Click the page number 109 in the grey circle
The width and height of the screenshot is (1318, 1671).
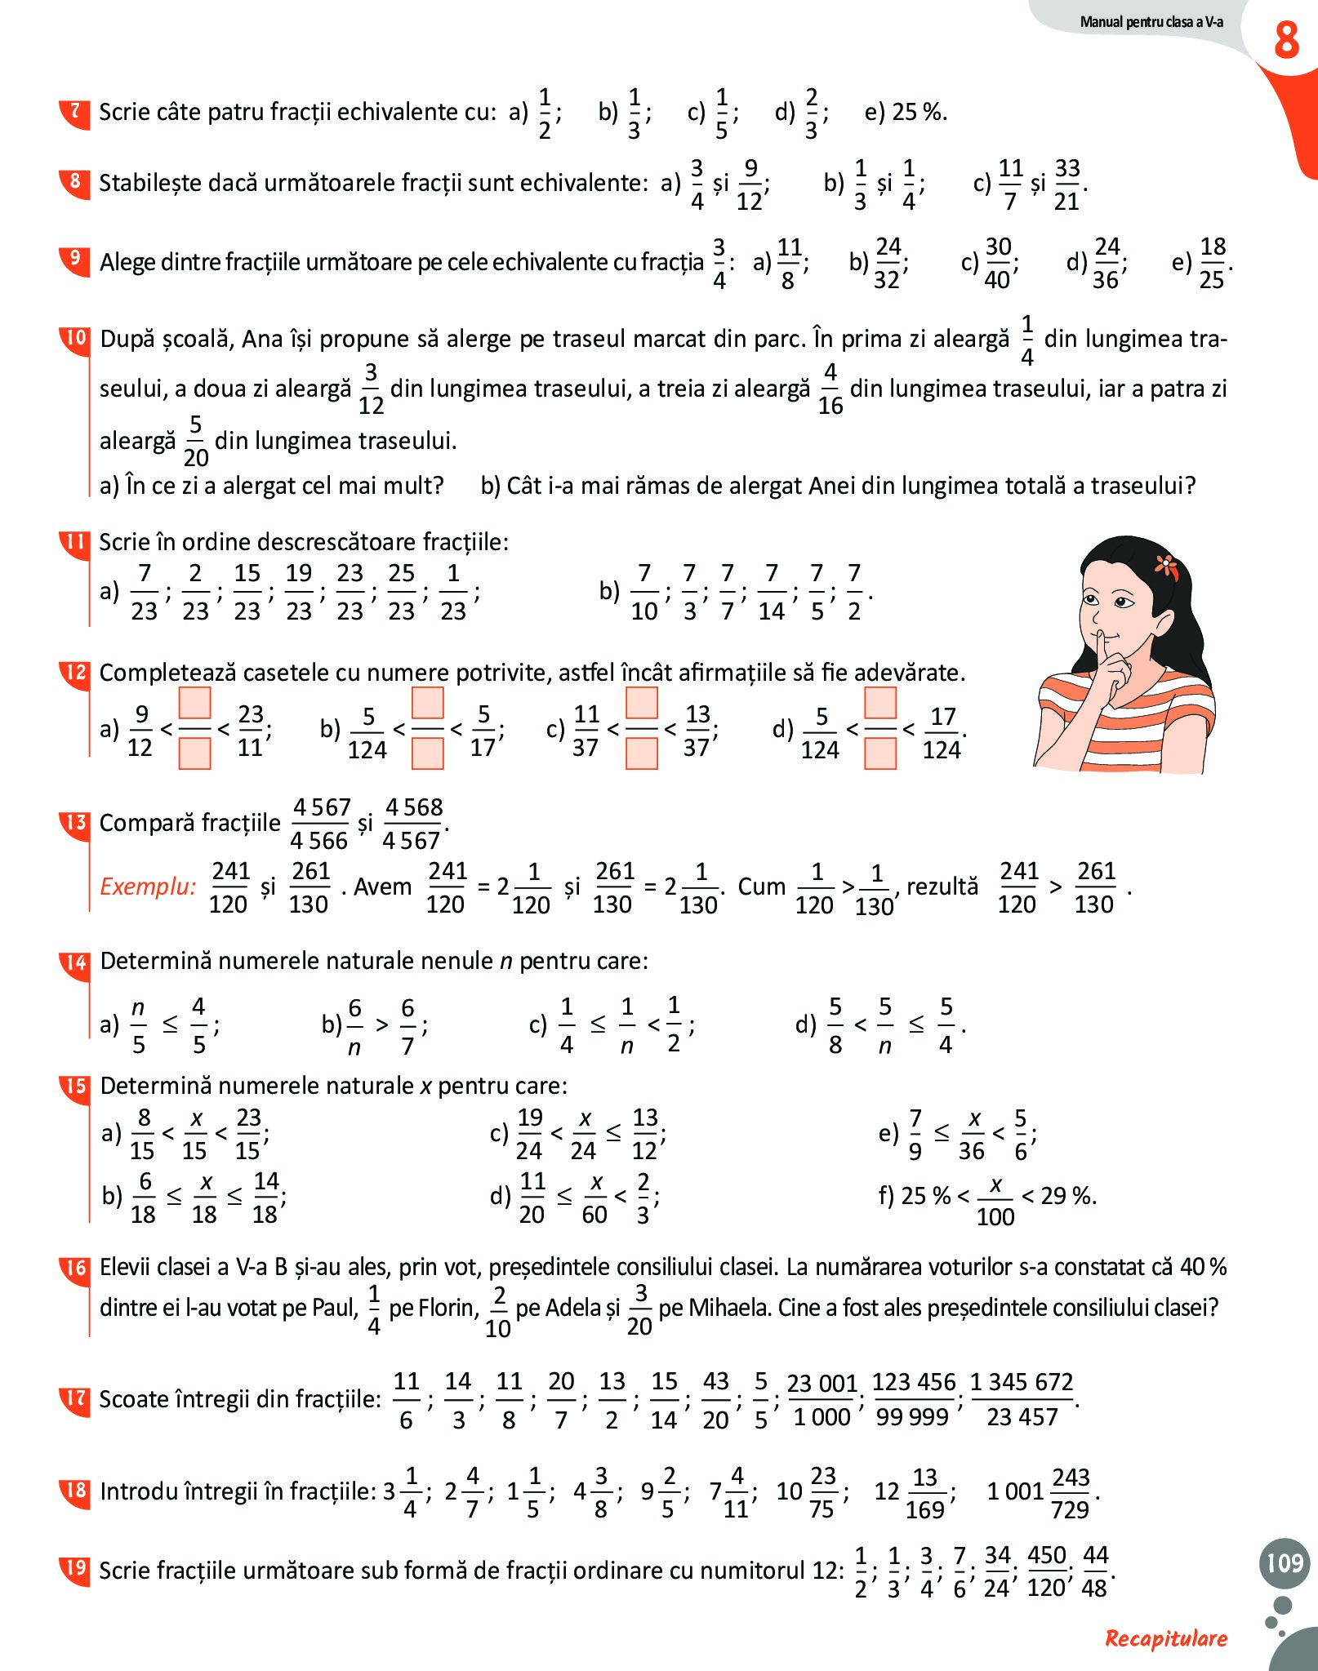[1285, 1562]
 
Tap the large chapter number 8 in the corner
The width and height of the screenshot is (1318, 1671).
[1287, 41]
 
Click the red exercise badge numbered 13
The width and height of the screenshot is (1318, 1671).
[75, 822]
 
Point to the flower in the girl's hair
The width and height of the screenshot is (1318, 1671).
[1166, 563]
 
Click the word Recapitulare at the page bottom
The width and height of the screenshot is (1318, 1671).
[1165, 1638]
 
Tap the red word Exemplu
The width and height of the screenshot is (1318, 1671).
[148, 887]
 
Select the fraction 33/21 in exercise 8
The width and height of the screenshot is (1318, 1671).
[1067, 184]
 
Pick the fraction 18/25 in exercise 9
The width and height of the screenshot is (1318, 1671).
[1213, 263]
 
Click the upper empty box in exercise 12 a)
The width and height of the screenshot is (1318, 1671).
[194, 703]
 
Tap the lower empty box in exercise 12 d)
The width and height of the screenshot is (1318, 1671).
[880, 753]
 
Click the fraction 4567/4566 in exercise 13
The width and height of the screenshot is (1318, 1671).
[320, 823]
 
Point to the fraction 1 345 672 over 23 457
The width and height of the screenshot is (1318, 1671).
[1022, 1399]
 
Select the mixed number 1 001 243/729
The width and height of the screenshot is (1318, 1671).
[1041, 1492]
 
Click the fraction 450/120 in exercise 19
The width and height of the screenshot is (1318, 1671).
[1047, 1571]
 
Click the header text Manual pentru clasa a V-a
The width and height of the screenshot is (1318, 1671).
[1151, 22]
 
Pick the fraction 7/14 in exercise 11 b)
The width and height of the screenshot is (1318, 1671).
[772, 592]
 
